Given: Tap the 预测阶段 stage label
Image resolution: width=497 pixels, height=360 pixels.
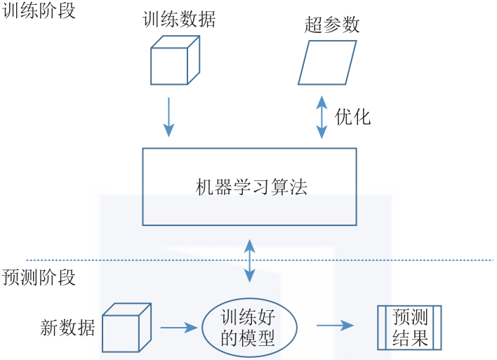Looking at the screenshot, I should [x=39, y=276].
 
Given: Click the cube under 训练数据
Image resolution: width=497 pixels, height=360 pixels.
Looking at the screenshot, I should [x=175, y=61].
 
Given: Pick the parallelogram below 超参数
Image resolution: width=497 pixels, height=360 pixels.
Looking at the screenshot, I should [x=327, y=62].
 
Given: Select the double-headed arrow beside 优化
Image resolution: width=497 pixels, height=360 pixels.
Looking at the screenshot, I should [x=322, y=116].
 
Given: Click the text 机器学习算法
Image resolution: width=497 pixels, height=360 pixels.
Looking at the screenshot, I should [x=251, y=187].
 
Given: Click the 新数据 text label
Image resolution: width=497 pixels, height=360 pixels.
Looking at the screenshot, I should [x=67, y=327].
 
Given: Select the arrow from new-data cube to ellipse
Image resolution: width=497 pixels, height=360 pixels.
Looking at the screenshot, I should [x=179, y=327].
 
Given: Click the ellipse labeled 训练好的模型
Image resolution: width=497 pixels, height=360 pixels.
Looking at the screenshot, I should [x=249, y=327].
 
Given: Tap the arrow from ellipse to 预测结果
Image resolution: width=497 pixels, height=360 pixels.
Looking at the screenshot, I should [x=334, y=326].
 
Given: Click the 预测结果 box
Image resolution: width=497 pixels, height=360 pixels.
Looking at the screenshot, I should [x=410, y=328].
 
